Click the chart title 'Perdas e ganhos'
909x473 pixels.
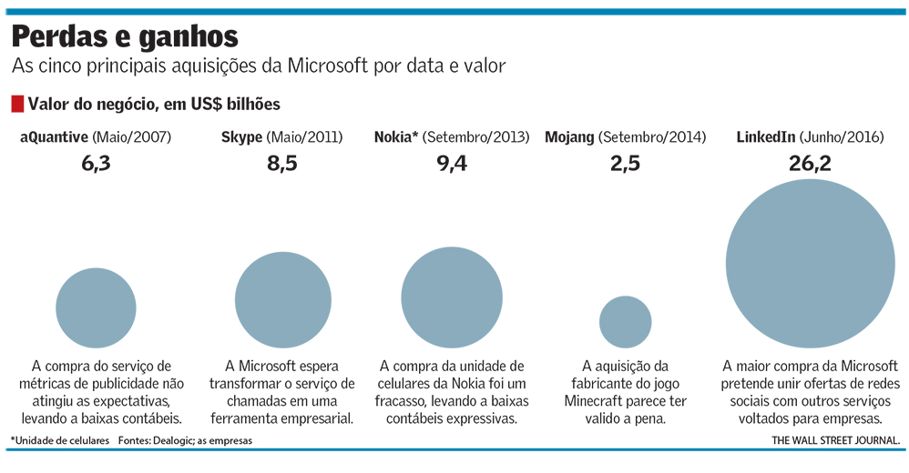(125, 36)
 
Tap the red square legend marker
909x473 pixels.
(17, 104)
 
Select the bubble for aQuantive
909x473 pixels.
(96, 307)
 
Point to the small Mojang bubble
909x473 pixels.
(625, 320)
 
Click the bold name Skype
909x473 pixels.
(241, 137)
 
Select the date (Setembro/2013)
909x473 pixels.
(476, 137)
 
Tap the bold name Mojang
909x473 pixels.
(569, 137)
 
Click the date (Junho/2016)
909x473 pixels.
(841, 137)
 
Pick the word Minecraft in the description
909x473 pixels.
(599, 401)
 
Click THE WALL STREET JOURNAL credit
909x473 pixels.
(836, 440)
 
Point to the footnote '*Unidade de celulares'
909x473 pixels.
(59, 440)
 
